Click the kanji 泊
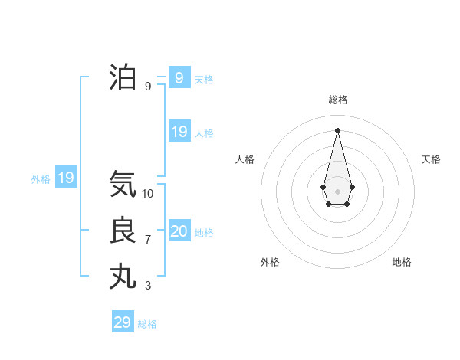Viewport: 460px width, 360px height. [123, 77]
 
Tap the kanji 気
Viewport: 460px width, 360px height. [123, 184]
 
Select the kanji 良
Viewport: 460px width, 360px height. [123, 231]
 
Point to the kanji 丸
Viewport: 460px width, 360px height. [123, 277]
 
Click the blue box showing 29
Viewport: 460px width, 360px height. [123, 322]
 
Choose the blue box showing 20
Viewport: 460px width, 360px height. [179, 231]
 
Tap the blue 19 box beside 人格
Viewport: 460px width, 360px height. [179, 132]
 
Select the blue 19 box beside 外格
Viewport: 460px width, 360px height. [66, 178]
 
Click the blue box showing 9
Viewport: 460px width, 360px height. [179, 77]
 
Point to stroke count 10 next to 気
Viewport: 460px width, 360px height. [148, 194]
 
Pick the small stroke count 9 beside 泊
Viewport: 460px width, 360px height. [148, 87]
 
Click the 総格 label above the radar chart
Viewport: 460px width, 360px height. [338, 100]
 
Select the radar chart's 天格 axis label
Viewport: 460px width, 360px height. [431, 159]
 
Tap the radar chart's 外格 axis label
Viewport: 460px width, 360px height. [270, 262]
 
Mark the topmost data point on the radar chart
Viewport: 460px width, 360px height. [338, 129]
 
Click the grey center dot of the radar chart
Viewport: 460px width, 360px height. [338, 191]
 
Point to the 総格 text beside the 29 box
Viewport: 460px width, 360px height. [147, 324]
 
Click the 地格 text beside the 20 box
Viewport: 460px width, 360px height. [204, 233]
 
